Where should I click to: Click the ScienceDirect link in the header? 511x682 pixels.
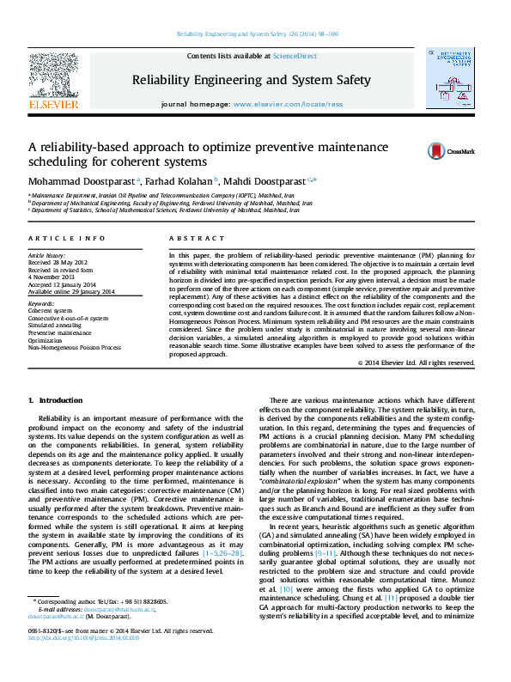[295, 57]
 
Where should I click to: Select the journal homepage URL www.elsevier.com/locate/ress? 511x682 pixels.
[287, 103]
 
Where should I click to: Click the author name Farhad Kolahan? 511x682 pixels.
[179, 181]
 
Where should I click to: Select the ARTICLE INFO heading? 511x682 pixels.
[67, 238]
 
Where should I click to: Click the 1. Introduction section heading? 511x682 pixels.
[56, 401]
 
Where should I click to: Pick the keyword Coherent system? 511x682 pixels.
[51, 310]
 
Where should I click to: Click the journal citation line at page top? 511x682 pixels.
[256, 33]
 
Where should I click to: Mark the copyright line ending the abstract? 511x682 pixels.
[416, 363]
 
